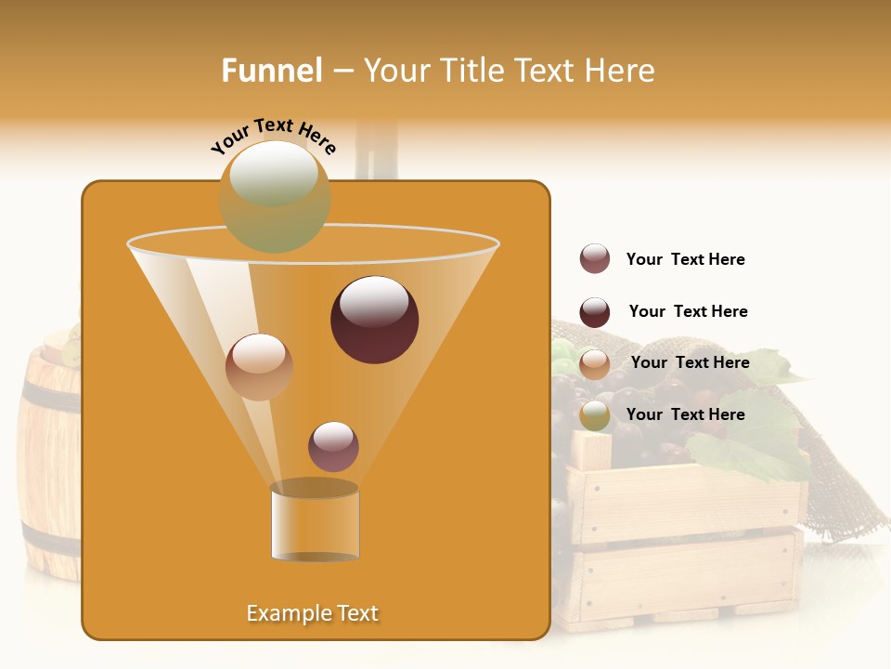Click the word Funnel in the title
point(271,71)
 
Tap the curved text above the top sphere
point(273,136)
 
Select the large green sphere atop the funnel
point(274,196)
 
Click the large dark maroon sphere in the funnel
point(374,320)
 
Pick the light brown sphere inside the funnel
point(259,367)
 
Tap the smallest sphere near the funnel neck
point(333,446)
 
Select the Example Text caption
point(312,613)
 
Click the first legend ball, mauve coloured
point(595,258)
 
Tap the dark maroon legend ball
point(595,312)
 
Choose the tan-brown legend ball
point(595,364)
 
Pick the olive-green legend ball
point(595,415)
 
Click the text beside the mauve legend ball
point(685,259)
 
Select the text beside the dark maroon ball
point(688,311)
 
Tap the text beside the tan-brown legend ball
point(690,362)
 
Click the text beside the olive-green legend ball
point(685,414)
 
